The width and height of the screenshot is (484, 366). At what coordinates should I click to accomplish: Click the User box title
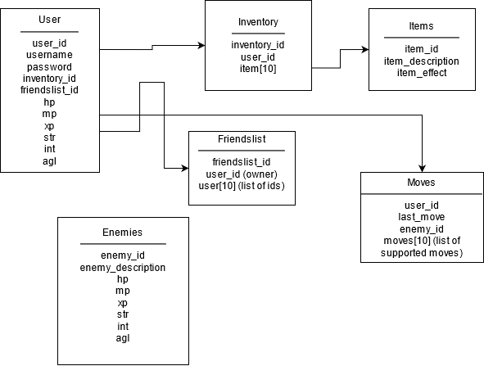49,20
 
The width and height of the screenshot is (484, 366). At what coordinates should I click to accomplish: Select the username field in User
49,55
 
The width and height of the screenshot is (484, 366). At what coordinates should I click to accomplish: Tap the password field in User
49,67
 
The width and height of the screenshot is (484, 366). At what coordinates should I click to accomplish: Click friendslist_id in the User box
49,90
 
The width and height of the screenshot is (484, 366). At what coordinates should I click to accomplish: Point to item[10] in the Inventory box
258,69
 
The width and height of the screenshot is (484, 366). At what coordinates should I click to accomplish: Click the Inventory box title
258,22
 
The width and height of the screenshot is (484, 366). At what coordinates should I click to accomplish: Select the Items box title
421,26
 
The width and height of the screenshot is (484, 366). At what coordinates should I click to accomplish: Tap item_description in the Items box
421,61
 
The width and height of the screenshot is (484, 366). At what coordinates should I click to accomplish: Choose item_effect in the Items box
422,73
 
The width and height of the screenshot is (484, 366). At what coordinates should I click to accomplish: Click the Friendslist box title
242,139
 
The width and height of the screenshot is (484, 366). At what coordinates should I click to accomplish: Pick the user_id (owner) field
242,174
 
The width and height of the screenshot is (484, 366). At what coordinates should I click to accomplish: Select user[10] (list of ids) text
242,186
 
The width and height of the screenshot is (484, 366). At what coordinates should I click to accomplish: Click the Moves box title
421,183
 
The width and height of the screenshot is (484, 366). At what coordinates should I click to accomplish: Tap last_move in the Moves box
421,217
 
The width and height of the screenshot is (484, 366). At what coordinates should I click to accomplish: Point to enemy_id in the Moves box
421,229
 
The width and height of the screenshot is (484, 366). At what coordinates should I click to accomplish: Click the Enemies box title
123,232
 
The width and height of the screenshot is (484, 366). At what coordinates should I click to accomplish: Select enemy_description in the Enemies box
123,268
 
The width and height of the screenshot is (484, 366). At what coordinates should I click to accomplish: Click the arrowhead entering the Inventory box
201,46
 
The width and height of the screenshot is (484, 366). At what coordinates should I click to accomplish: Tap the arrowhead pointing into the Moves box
422,169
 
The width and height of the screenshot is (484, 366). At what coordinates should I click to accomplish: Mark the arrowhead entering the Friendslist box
185,168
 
